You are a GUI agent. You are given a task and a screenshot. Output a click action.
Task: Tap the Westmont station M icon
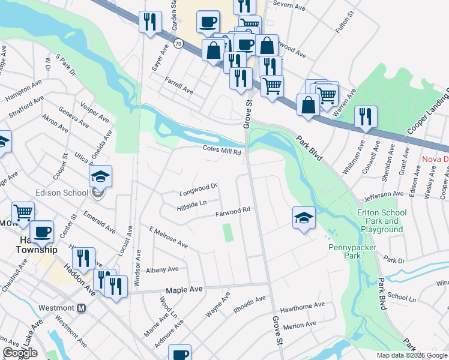tap(82, 308)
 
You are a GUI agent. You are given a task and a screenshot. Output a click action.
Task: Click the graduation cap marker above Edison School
tap(100, 176)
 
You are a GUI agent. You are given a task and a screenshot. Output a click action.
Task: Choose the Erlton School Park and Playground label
tap(382, 221)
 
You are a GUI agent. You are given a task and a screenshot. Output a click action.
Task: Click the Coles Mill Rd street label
tap(221, 151)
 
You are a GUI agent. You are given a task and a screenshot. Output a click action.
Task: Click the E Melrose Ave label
tap(169, 238)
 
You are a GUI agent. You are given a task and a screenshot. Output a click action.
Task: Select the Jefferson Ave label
tap(382, 194)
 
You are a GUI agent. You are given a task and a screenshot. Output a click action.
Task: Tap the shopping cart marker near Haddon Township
tap(23, 212)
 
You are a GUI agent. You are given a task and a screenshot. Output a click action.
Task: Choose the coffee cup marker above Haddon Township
tap(42, 232)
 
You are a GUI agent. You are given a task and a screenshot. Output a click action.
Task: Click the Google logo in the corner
tap(19, 353)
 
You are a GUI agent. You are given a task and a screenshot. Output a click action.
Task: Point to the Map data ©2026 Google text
tap(412, 355)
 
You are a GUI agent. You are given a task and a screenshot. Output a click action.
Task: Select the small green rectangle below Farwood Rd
tap(228, 233)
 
